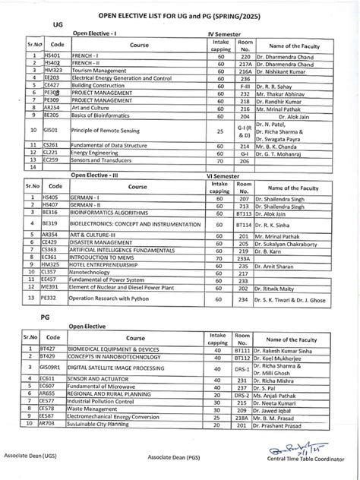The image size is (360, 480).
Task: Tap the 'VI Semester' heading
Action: pyautogui.click(x=226, y=174)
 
